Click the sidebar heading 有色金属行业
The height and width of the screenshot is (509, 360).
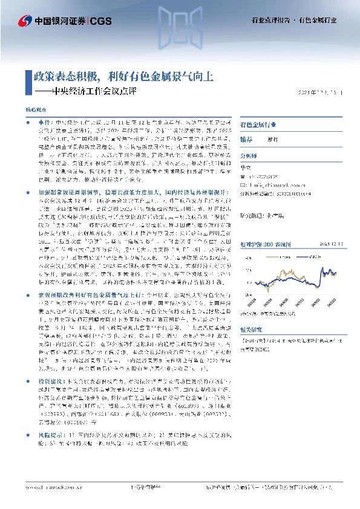[x=258, y=125]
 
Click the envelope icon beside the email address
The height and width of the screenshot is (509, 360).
[x=243, y=186]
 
